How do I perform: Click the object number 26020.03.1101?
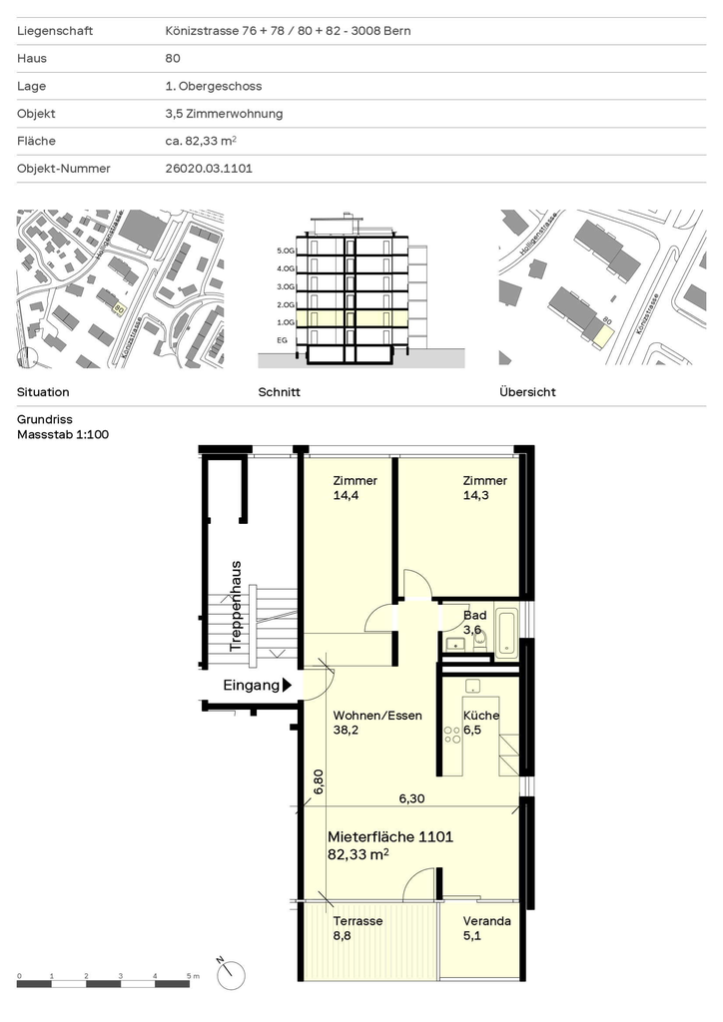pyautogui.click(x=209, y=168)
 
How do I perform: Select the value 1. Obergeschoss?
pyautogui.click(x=213, y=86)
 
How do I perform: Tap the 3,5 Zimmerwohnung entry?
pyautogui.click(x=224, y=114)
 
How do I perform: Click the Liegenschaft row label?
pyautogui.click(x=55, y=31)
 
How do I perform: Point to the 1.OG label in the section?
pyautogui.click(x=286, y=322)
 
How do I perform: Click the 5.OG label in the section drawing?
pyautogui.click(x=286, y=251)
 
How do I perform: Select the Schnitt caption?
pyautogui.click(x=279, y=391)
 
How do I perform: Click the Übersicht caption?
pyautogui.click(x=527, y=391)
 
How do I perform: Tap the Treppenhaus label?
pyautogui.click(x=236, y=606)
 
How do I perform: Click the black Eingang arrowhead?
pyautogui.click(x=287, y=685)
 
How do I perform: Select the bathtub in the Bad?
pyautogui.click(x=506, y=632)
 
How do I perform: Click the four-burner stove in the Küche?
pyautogui.click(x=452, y=735)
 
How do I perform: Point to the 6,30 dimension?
pyautogui.click(x=411, y=798)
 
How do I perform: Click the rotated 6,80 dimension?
pyautogui.click(x=319, y=781)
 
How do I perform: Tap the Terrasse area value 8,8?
pyautogui.click(x=342, y=936)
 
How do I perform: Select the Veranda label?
pyautogui.click(x=487, y=921)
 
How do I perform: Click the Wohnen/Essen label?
pyautogui.click(x=377, y=715)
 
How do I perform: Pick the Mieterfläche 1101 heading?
pyautogui.click(x=389, y=837)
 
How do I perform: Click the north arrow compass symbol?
pyautogui.click(x=232, y=974)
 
